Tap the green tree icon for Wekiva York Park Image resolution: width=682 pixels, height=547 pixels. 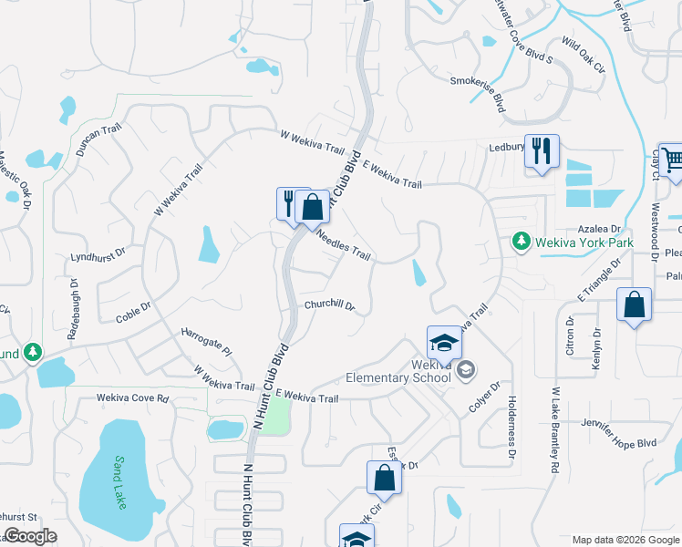[521, 242]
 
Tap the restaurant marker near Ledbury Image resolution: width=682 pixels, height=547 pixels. [542, 151]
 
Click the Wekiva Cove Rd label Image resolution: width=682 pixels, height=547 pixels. [134, 398]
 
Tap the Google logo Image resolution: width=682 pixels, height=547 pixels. [30, 536]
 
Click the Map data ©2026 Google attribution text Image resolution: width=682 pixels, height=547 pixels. [625, 540]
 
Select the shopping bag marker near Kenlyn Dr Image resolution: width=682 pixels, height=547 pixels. [634, 305]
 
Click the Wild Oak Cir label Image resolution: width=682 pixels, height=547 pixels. [584, 56]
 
